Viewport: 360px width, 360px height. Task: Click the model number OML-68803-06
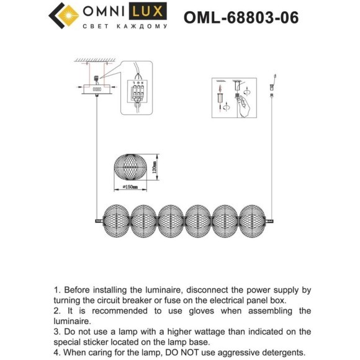(241, 17)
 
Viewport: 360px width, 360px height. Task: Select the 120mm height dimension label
(154, 167)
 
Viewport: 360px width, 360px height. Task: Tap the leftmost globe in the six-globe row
(117, 220)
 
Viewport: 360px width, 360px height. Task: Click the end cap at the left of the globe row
(98, 220)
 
